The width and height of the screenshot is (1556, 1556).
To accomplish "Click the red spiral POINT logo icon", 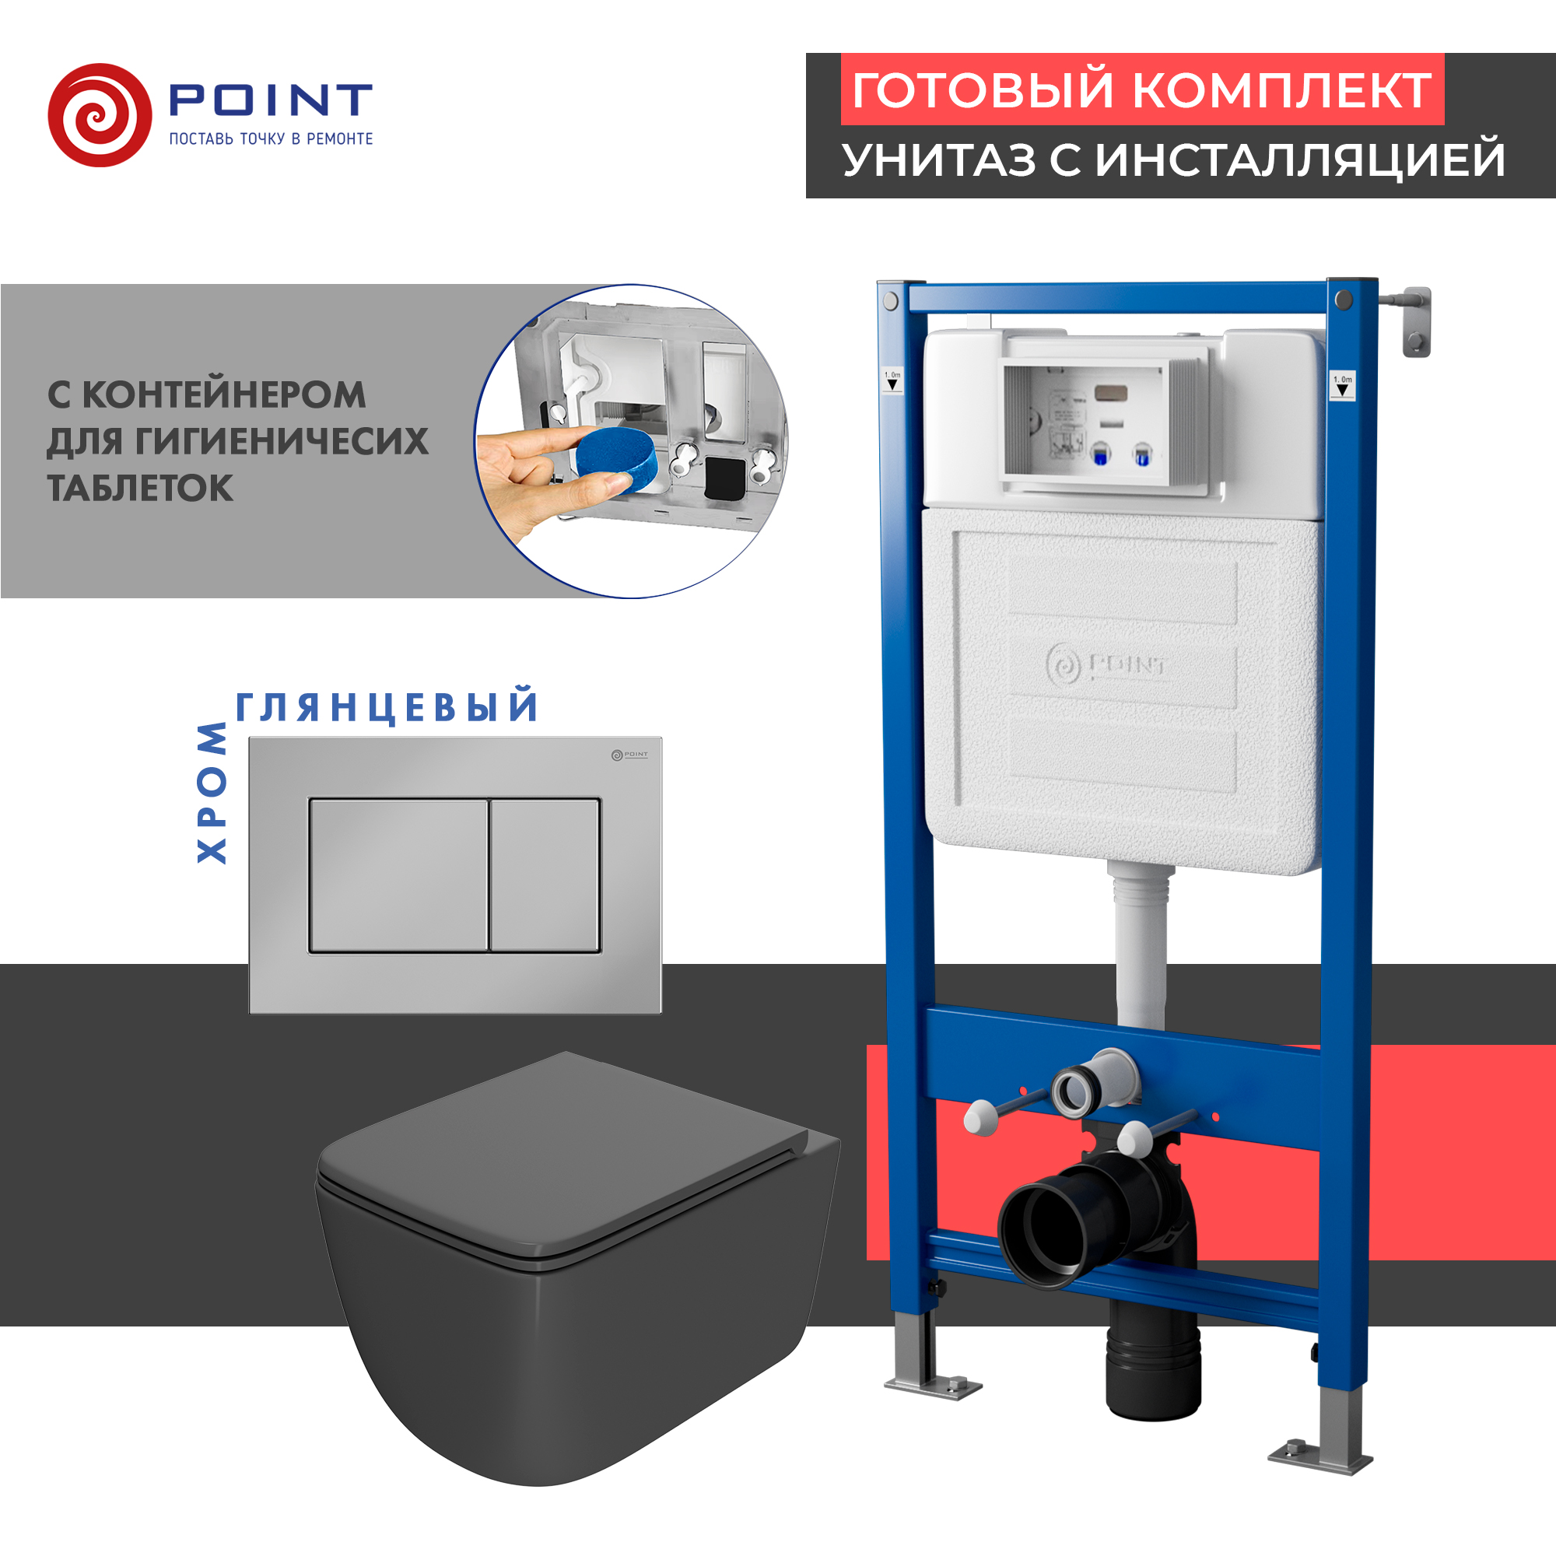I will [100, 115].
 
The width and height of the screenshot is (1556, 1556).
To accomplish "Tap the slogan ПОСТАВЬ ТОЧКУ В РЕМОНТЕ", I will [271, 139].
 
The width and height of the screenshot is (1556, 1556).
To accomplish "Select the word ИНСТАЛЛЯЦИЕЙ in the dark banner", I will [1300, 159].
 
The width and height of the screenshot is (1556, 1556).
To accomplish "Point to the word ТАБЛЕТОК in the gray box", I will [140, 488].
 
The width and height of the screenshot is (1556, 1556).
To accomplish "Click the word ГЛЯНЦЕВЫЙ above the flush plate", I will [387, 707].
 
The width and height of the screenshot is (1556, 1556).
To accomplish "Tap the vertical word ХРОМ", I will [212, 793].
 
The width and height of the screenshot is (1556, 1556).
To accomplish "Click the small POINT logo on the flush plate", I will [629, 755].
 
